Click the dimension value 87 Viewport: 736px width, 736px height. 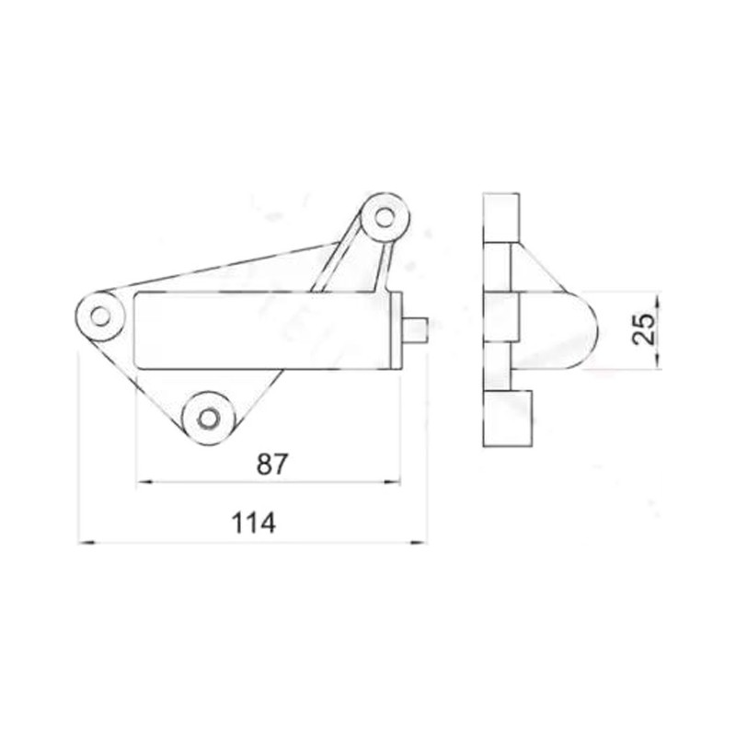(270, 464)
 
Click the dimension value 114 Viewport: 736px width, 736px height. (254, 523)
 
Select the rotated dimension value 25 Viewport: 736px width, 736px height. (643, 328)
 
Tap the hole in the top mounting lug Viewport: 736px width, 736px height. (385, 217)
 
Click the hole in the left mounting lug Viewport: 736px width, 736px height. (100, 316)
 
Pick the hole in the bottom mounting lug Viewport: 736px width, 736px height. (208, 418)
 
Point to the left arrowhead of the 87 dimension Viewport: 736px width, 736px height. (144, 482)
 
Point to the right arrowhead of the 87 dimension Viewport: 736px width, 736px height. (394, 482)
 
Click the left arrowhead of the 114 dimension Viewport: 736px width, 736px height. (86, 543)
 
